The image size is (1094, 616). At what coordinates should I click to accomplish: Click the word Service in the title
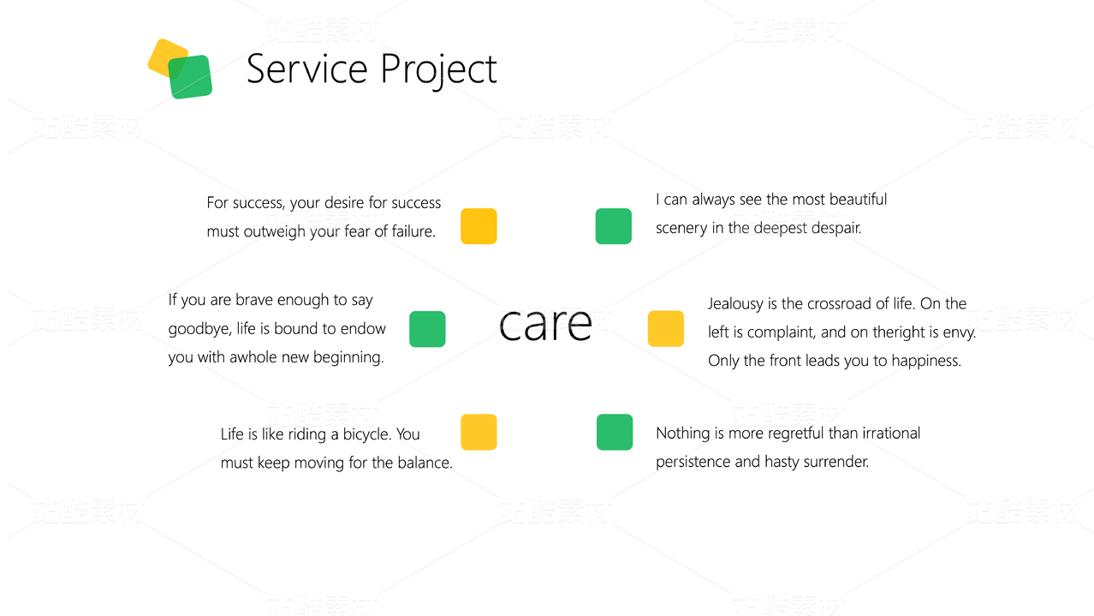click(306, 69)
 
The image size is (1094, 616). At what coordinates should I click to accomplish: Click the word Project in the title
click(438, 71)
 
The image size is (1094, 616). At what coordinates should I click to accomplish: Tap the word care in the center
click(545, 324)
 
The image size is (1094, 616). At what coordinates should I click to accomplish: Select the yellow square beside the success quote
click(479, 226)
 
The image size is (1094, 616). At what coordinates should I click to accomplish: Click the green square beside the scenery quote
click(614, 226)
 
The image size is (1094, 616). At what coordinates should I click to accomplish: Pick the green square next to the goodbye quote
click(427, 329)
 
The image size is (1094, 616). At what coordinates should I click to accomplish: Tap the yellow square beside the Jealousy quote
click(666, 328)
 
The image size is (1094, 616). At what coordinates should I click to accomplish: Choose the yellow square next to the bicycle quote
click(479, 432)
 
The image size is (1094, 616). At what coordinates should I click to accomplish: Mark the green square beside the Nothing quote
click(615, 432)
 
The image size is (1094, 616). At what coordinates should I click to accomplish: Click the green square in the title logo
click(190, 77)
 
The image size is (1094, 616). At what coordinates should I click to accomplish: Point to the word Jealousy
click(735, 304)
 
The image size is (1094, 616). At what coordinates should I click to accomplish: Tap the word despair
click(836, 228)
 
